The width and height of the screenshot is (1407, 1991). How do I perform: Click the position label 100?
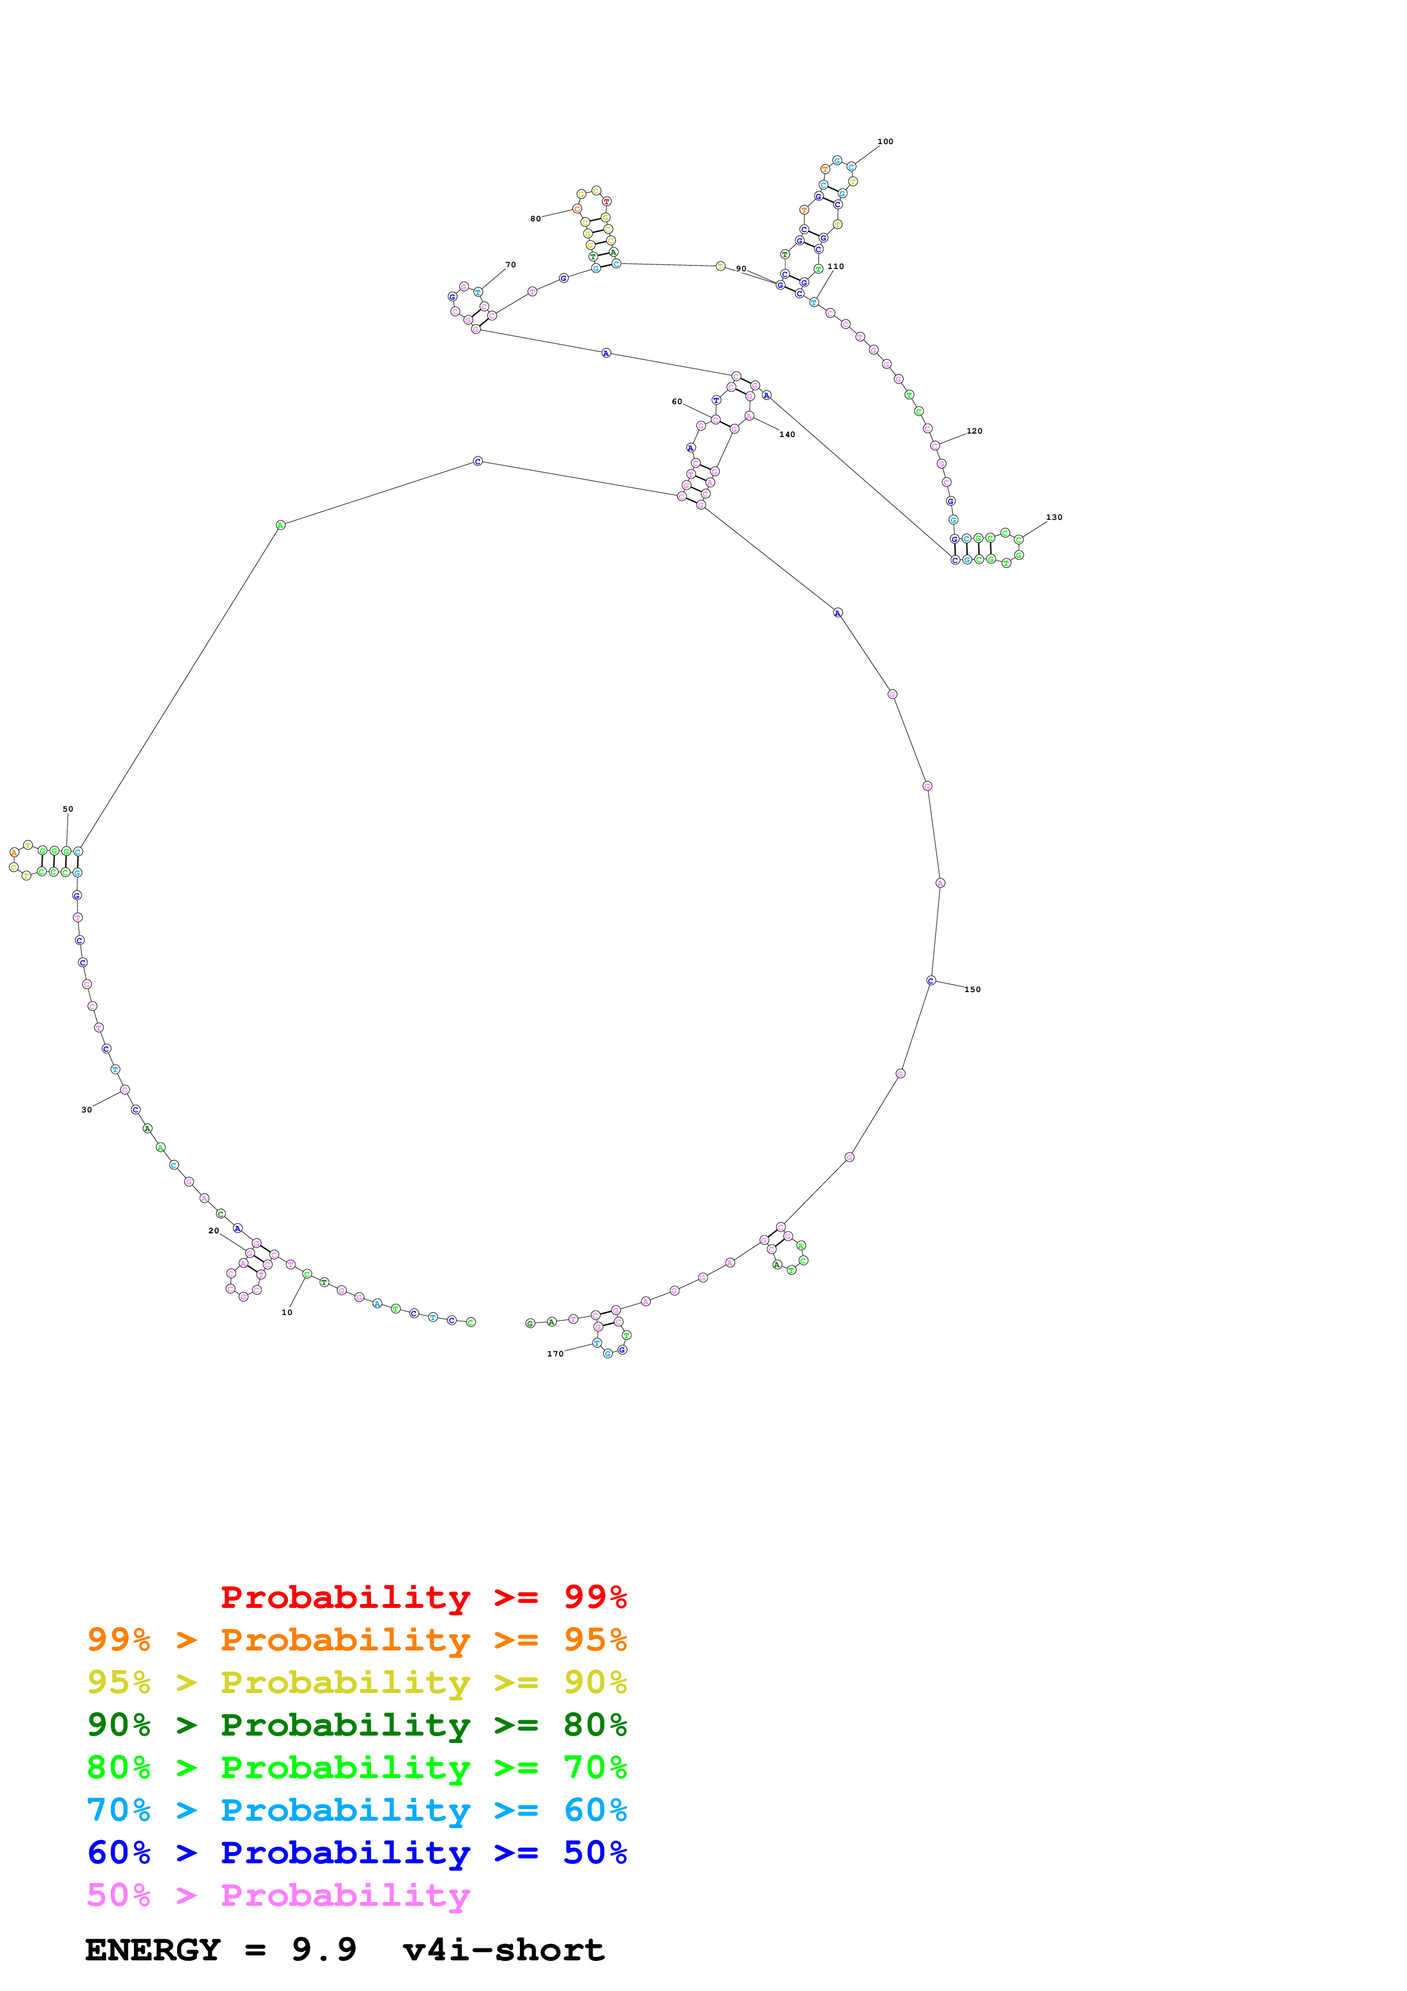click(x=884, y=141)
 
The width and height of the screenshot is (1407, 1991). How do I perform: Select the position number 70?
click(x=511, y=264)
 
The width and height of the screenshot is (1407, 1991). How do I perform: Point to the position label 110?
click(x=835, y=266)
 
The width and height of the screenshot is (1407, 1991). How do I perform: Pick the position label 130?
click(x=1053, y=517)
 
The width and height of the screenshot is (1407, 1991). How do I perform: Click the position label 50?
click(x=68, y=809)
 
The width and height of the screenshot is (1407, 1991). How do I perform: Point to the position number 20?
click(x=213, y=1230)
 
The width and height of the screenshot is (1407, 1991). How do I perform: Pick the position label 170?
click(x=555, y=1354)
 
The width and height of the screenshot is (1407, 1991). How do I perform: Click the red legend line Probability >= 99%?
click(x=423, y=1597)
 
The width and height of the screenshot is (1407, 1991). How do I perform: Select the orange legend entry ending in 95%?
click(x=356, y=1640)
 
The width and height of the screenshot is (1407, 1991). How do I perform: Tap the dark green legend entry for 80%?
click(x=356, y=1725)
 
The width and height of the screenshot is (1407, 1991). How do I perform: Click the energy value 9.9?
click(x=324, y=1950)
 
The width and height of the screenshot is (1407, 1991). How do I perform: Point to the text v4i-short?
click(x=503, y=1950)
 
